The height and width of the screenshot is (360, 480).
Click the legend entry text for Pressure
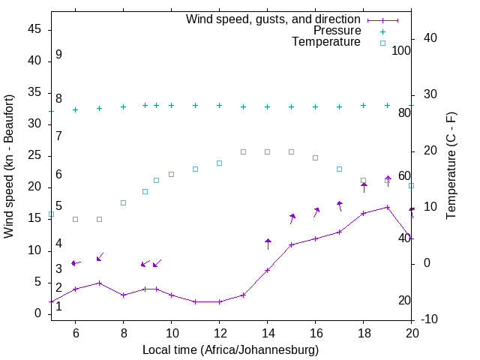coord(337,31)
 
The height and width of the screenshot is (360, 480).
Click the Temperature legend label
coord(326,42)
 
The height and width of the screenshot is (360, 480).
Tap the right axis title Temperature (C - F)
coord(451,166)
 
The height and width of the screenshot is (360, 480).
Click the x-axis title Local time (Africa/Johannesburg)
coord(231,350)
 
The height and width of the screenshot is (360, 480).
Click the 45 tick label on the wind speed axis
coord(34,28)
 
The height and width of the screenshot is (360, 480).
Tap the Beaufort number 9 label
coord(58,55)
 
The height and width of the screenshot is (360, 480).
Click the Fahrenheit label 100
coord(401,50)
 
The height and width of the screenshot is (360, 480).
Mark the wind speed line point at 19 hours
coord(388,207)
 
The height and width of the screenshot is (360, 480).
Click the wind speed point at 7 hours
coord(99,283)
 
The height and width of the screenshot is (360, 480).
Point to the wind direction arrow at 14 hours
coord(268,244)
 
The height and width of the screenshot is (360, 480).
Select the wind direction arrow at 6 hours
coord(75,263)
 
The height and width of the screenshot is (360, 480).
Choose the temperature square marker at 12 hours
coord(219,163)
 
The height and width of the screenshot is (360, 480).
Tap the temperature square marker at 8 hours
coord(123,202)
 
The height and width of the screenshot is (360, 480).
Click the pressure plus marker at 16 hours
coord(316,106)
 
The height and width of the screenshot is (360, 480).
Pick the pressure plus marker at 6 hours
coord(75,109)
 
